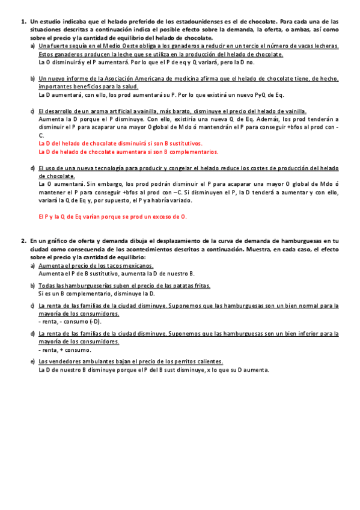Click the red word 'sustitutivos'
click(183, 144)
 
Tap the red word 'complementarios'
click(191, 152)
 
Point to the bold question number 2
click(23, 241)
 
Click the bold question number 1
click(23, 21)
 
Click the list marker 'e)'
click(32, 361)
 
